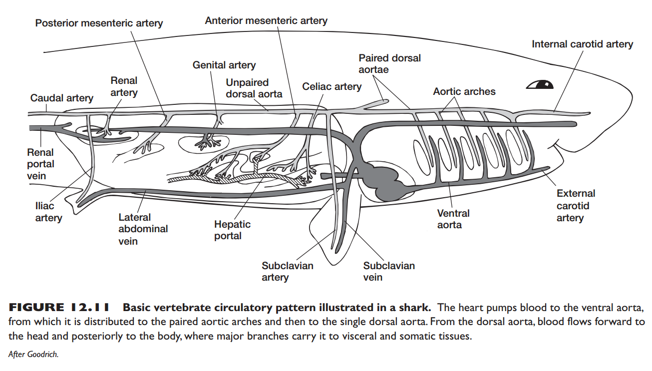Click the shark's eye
tap(540, 84)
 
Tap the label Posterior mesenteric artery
tap(99, 23)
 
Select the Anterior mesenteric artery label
tap(266, 20)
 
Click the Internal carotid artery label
tap(582, 44)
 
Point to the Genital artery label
tap(224, 65)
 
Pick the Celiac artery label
tap(331, 86)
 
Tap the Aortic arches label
tap(464, 91)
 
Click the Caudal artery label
tap(61, 98)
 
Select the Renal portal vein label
tap(40, 164)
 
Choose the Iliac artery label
tap(48, 212)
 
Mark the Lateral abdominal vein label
tap(143, 229)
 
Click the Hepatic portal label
tap(232, 230)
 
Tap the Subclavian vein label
tap(389, 272)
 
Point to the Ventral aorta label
tap(453, 219)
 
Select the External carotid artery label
tap(576, 205)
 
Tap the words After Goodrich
tap(33, 354)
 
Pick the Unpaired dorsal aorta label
tap(254, 88)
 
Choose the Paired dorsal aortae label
tap(389, 63)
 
